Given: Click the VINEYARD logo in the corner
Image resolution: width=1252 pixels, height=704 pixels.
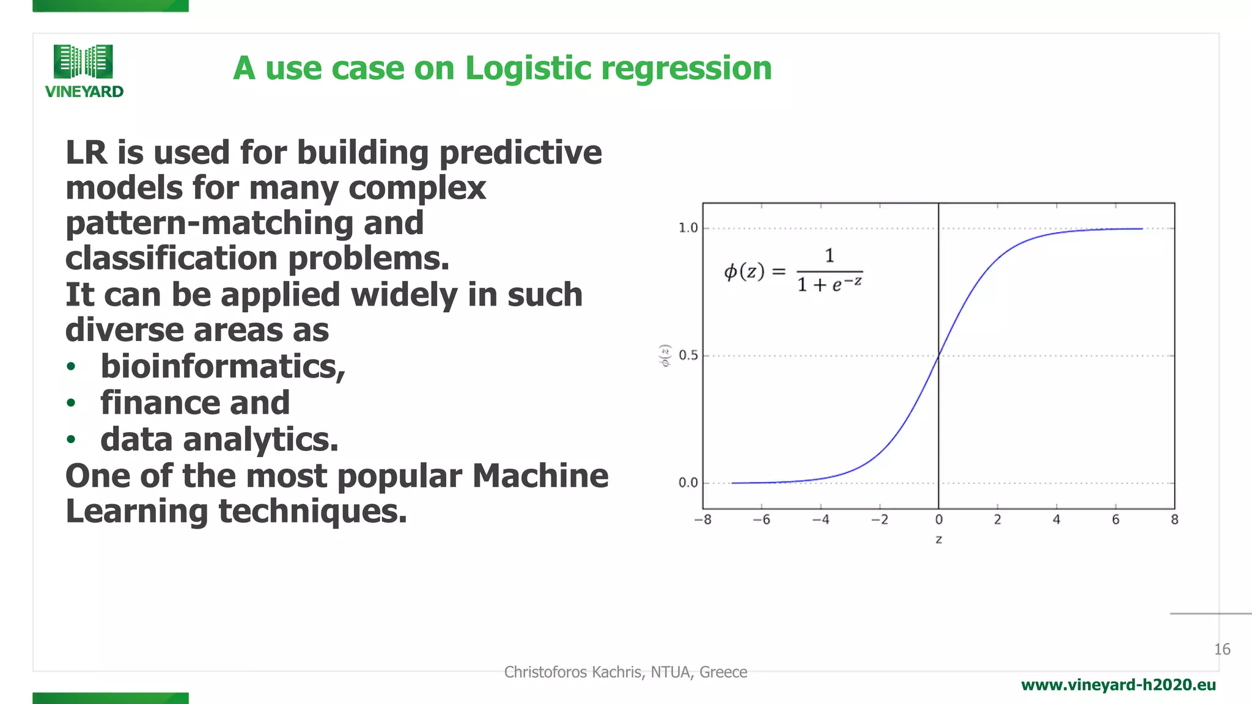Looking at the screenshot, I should [x=84, y=71].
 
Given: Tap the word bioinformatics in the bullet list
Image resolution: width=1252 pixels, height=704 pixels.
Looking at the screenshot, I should [x=221, y=366].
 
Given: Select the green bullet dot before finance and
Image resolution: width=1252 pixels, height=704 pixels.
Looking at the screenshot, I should [x=72, y=403].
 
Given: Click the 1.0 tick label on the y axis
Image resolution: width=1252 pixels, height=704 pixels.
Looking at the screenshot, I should [x=688, y=228].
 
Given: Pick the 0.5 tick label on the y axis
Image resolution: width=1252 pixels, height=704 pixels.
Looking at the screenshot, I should [x=688, y=355].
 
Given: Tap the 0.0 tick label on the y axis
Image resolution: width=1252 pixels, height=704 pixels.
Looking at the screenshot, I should [x=688, y=483].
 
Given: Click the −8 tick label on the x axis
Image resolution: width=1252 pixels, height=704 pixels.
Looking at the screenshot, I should [x=702, y=519].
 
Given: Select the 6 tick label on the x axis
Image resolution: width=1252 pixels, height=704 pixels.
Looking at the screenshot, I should [x=1115, y=519].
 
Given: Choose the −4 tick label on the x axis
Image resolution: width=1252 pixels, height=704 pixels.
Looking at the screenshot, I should [x=820, y=519].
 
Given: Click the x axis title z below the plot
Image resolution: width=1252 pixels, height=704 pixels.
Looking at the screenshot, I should [x=938, y=540].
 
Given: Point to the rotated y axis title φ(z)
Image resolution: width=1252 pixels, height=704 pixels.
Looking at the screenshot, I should [x=665, y=355].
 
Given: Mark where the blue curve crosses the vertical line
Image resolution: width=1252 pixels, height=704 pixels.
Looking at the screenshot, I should [x=938, y=356].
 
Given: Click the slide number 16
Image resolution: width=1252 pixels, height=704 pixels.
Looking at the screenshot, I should [x=1222, y=649].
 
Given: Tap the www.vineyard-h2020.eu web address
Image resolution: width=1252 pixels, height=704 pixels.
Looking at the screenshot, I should [x=1118, y=685].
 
